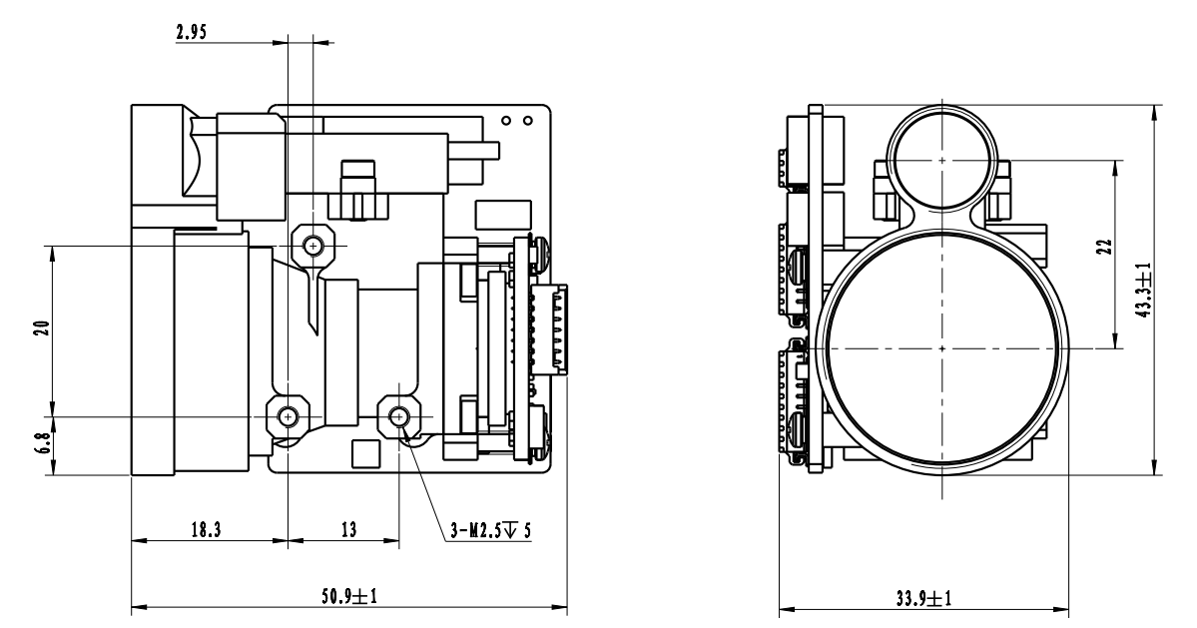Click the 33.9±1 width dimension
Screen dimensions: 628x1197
pyautogui.click(x=924, y=598)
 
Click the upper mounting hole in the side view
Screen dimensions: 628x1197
pyautogui.click(x=314, y=244)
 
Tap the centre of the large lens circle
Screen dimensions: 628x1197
pyautogui.click(x=941, y=348)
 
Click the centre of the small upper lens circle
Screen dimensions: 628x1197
pyautogui.click(x=941, y=158)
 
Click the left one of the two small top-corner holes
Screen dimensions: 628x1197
pyautogui.click(x=507, y=121)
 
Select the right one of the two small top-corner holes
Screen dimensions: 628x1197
pyautogui.click(x=530, y=121)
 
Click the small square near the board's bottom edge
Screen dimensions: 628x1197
pyautogui.click(x=366, y=453)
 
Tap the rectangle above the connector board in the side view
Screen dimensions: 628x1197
pyautogui.click(x=496, y=217)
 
